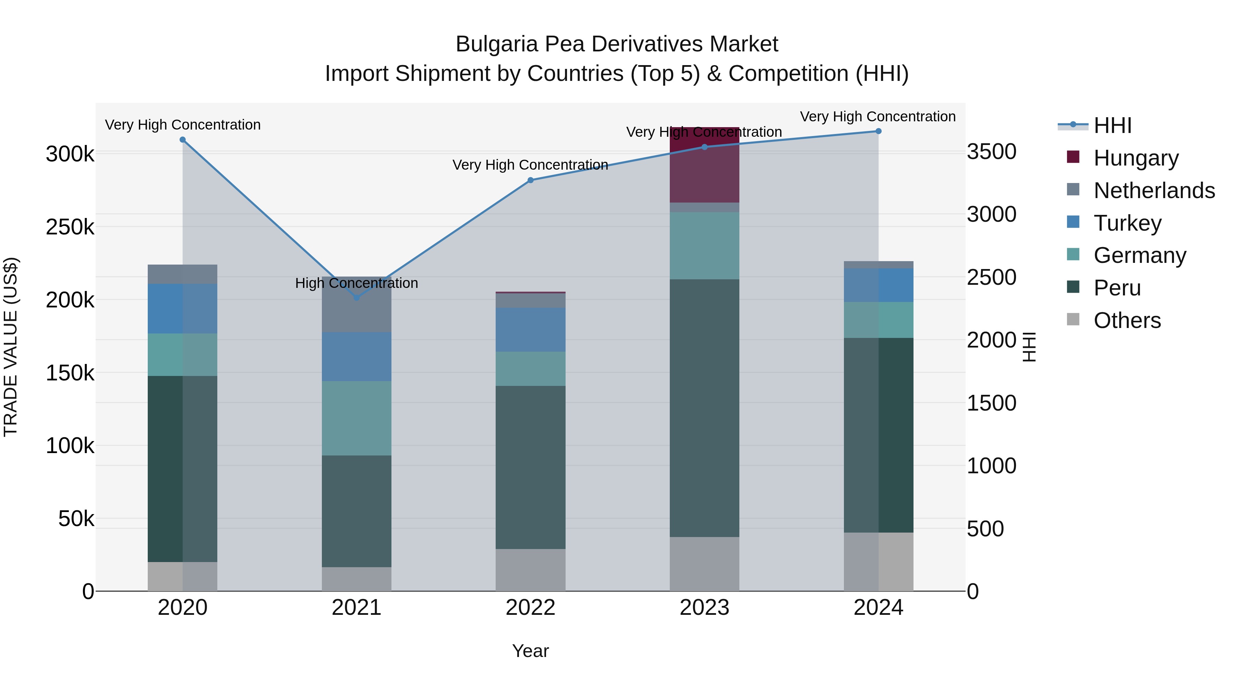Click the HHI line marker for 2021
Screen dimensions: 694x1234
coord(356,297)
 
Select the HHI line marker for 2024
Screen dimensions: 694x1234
coord(878,131)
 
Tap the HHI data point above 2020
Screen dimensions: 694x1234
coord(182,140)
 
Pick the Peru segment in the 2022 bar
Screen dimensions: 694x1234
coord(530,467)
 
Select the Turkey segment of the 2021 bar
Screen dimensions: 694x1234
coord(356,356)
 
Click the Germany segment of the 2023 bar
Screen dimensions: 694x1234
coord(704,245)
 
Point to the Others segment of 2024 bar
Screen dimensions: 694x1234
coord(878,561)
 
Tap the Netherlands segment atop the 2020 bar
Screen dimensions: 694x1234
coord(182,274)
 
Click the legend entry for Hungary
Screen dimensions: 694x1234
coord(1135,158)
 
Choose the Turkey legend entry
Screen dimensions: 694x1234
coord(1127,223)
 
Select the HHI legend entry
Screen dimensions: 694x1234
coord(1112,125)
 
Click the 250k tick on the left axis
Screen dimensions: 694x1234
coord(70,227)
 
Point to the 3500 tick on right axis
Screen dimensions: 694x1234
coord(991,152)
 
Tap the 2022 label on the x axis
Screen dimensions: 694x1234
coord(530,608)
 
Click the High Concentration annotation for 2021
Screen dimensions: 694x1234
coord(356,283)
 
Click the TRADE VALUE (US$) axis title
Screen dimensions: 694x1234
coord(11,347)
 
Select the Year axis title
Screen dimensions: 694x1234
coord(530,651)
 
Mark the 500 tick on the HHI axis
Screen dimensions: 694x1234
coord(985,529)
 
